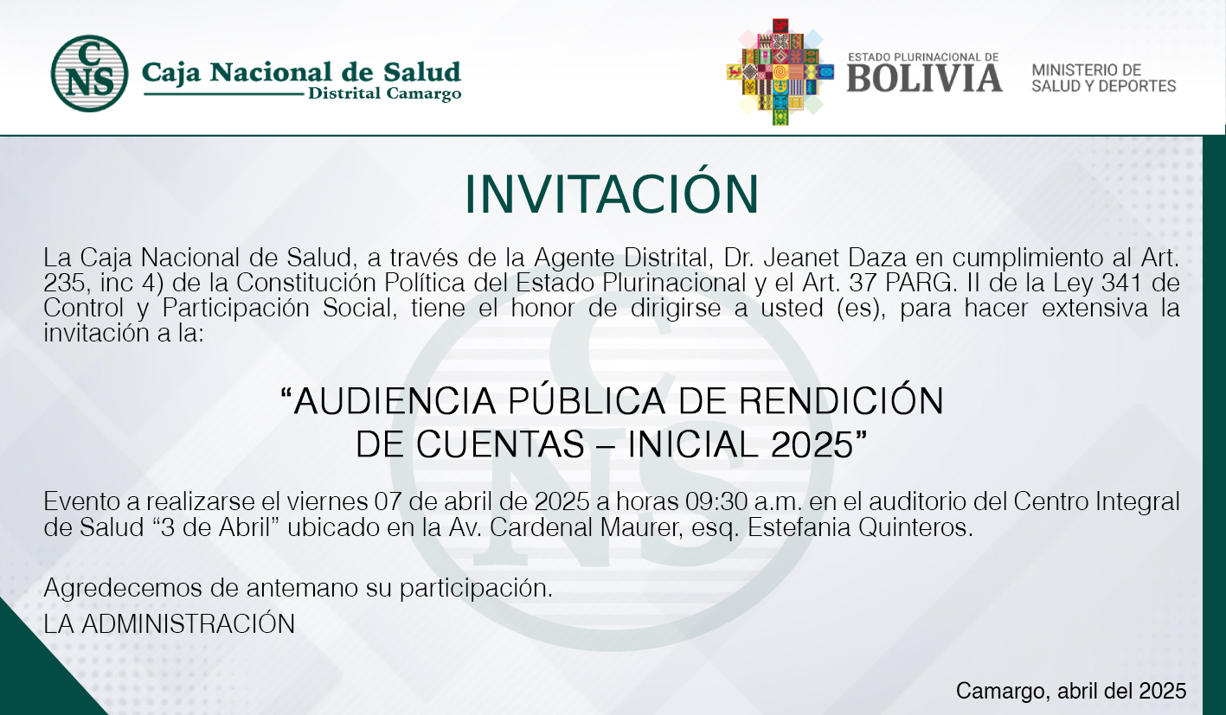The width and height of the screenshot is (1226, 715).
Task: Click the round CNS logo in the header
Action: (x=90, y=73)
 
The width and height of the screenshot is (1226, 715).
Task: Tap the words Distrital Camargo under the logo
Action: (x=385, y=93)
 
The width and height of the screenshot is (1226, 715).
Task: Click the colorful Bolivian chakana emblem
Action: (x=780, y=72)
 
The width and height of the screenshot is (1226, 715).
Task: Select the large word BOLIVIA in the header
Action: (x=924, y=78)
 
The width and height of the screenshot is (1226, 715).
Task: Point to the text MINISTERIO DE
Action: (x=1087, y=70)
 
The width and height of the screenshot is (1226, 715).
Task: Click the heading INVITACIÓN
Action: (x=612, y=194)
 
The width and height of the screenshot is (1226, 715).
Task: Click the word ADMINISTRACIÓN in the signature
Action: (x=189, y=623)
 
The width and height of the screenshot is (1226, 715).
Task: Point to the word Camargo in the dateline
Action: (x=1003, y=692)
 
